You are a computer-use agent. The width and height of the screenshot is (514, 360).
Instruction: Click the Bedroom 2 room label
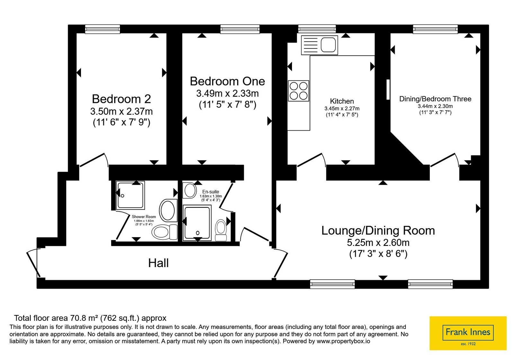(x=121, y=99)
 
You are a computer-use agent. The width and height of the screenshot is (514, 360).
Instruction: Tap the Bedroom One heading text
(x=227, y=81)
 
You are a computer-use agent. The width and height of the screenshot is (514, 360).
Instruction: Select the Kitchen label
(x=342, y=101)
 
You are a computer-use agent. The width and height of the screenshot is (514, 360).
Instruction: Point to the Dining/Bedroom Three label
(x=435, y=99)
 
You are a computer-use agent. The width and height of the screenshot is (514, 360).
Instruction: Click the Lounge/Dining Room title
(x=378, y=230)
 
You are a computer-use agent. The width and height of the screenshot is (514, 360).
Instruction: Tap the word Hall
(x=158, y=263)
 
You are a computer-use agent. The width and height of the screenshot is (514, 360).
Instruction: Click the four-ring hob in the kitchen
(x=298, y=91)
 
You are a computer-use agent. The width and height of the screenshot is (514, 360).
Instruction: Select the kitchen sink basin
(x=328, y=45)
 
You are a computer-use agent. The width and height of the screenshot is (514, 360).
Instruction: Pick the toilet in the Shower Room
(x=164, y=232)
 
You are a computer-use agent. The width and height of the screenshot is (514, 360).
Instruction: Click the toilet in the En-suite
(x=221, y=230)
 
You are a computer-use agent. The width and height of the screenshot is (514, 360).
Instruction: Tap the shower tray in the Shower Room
(x=130, y=195)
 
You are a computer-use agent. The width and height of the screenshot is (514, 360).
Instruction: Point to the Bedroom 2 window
(x=102, y=29)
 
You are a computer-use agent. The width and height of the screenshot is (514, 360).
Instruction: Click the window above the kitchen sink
(x=317, y=29)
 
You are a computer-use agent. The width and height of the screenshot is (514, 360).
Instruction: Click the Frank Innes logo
(x=468, y=333)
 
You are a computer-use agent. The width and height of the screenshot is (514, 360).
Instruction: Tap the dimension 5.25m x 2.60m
(x=378, y=242)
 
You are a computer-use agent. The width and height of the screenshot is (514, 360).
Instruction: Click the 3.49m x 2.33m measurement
(x=227, y=94)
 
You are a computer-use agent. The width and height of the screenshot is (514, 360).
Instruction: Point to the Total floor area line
(x=90, y=318)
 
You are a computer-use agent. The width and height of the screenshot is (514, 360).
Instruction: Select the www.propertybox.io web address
(x=343, y=341)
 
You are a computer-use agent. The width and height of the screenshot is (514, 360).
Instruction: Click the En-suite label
(x=211, y=192)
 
